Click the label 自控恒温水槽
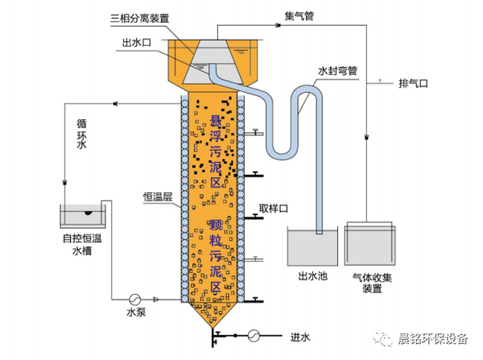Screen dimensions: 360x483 85,246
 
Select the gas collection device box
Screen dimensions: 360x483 371,243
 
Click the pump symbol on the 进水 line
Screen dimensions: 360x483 254,334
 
